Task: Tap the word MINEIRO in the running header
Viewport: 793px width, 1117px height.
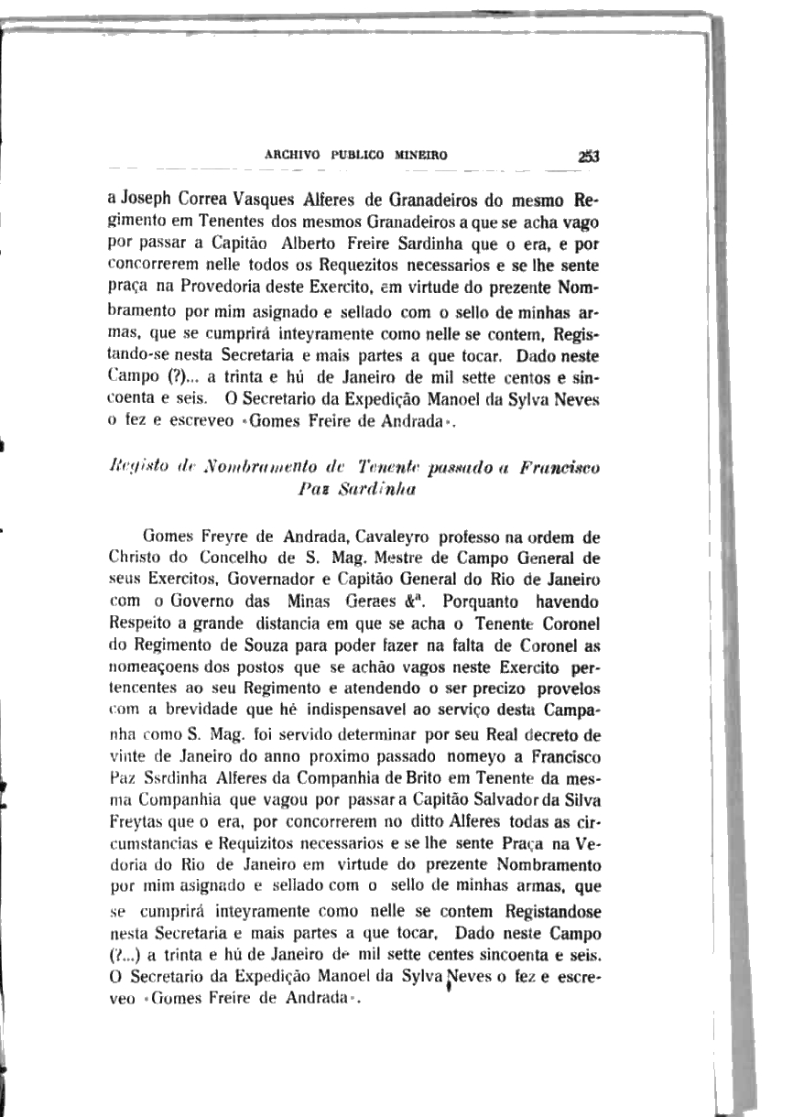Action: tap(420, 156)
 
